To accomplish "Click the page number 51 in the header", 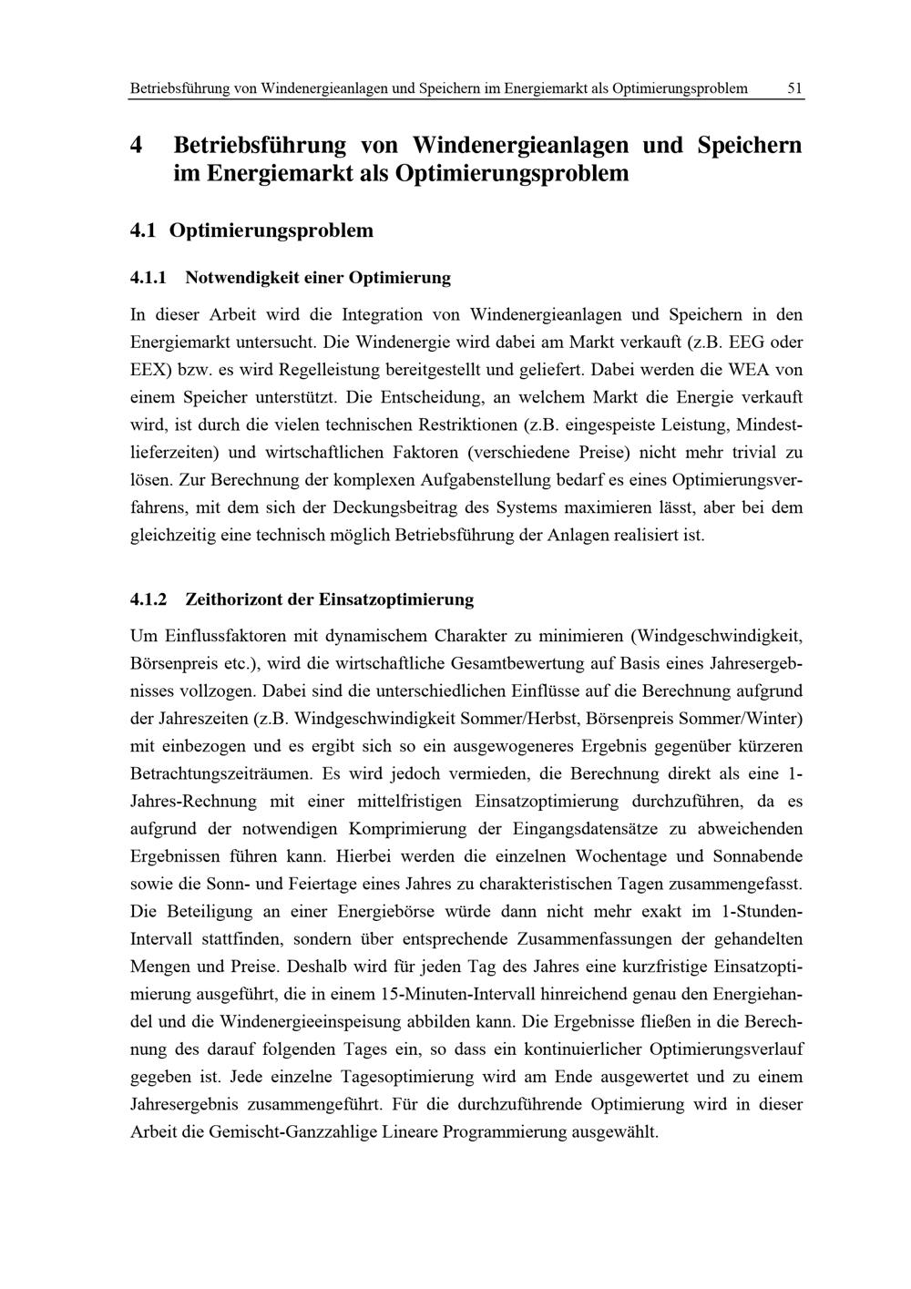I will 794,88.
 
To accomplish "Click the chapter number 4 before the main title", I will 138,145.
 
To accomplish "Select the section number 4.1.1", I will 150,275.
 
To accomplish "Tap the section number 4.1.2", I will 150,599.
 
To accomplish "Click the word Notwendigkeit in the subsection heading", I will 243,275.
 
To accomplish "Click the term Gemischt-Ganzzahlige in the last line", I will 288,1131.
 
